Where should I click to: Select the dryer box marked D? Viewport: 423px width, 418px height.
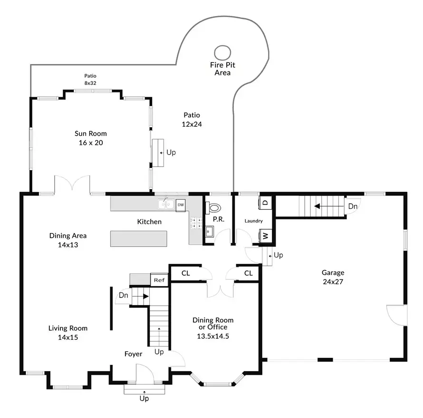point(265,202)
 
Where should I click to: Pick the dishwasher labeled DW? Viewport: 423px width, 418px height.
point(181,204)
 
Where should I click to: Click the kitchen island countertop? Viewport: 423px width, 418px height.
point(139,239)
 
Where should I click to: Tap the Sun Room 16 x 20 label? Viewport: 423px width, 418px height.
point(90,138)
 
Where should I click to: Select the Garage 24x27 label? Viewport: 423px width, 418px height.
point(333,277)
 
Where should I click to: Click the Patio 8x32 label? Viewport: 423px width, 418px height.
point(90,79)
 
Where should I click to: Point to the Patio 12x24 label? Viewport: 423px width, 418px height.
point(192,120)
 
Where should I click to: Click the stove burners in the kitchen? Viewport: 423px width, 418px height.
point(195,223)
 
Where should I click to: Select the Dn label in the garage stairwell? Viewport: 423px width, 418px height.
point(353,206)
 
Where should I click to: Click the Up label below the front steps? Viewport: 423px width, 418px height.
point(144,399)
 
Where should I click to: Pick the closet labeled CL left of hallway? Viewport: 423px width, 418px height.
point(186,273)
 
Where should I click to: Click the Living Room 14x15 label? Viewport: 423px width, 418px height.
point(68,333)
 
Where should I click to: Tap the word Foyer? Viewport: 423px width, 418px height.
point(133,354)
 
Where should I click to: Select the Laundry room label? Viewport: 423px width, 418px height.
point(253,221)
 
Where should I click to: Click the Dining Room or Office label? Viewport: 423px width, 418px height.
point(213,327)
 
